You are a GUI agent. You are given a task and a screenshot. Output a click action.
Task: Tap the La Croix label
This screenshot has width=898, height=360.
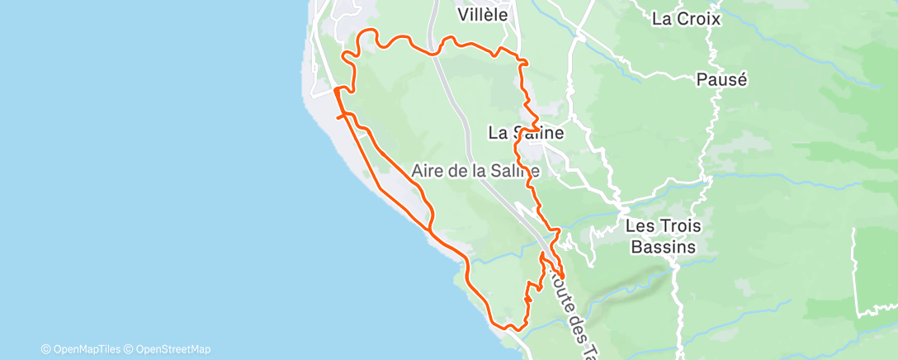[686, 18]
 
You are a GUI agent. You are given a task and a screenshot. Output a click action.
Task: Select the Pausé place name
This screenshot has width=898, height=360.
[721, 80]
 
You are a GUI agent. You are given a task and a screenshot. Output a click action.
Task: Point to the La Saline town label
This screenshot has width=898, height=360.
[526, 132]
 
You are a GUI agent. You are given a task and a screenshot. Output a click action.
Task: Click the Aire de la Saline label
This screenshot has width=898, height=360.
[475, 171]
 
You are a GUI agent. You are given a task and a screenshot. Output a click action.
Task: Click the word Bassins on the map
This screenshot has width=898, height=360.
[660, 246]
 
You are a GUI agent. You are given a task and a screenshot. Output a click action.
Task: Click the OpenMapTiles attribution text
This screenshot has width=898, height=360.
[86, 348]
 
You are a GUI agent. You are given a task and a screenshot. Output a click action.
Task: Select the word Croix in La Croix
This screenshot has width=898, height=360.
[702, 18]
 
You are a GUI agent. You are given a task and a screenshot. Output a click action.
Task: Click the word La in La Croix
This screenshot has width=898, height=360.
[661, 18]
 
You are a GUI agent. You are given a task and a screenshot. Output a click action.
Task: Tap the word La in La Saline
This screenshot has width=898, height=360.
[498, 132]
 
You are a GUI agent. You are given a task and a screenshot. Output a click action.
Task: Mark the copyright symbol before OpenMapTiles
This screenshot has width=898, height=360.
[46, 348]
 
